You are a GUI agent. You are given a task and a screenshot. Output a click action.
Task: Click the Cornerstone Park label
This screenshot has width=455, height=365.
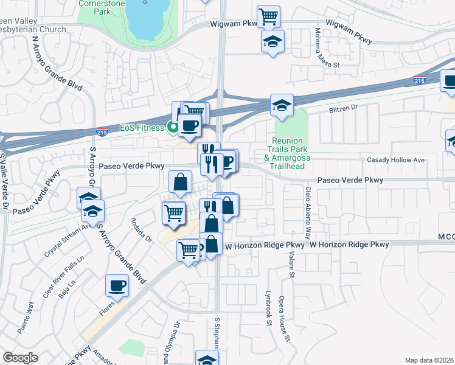(x=102, y=7)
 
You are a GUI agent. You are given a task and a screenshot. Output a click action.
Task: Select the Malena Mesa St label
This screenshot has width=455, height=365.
(x=327, y=48)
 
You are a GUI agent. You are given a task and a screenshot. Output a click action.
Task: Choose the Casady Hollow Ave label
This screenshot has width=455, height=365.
(x=395, y=160)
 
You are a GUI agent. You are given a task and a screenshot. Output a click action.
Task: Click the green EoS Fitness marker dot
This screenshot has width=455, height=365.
(x=173, y=128)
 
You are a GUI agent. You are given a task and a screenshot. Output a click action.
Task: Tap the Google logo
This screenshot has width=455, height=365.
(x=20, y=358)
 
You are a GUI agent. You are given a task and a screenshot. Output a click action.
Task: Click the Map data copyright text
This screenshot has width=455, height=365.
(x=428, y=360)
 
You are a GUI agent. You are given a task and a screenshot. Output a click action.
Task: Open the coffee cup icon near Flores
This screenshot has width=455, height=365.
(x=117, y=285)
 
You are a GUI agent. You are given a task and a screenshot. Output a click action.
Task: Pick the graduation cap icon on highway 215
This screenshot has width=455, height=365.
(x=282, y=105)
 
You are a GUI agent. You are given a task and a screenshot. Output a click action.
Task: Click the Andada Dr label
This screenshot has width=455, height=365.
(x=140, y=231)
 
